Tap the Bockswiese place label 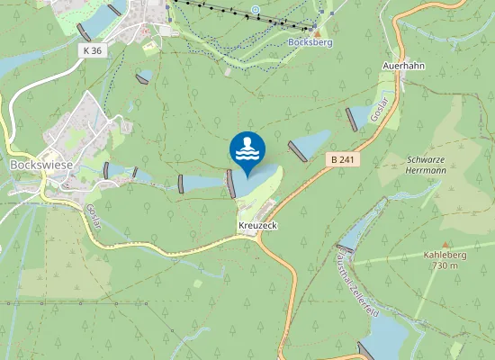coord(35,166)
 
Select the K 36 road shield coord(91,50)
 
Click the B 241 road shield coord(340,159)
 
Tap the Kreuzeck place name coord(256,223)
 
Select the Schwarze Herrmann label coord(426,164)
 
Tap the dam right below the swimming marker coord(231,184)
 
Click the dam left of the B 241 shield coord(297,150)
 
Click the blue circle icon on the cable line coord(256,11)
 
